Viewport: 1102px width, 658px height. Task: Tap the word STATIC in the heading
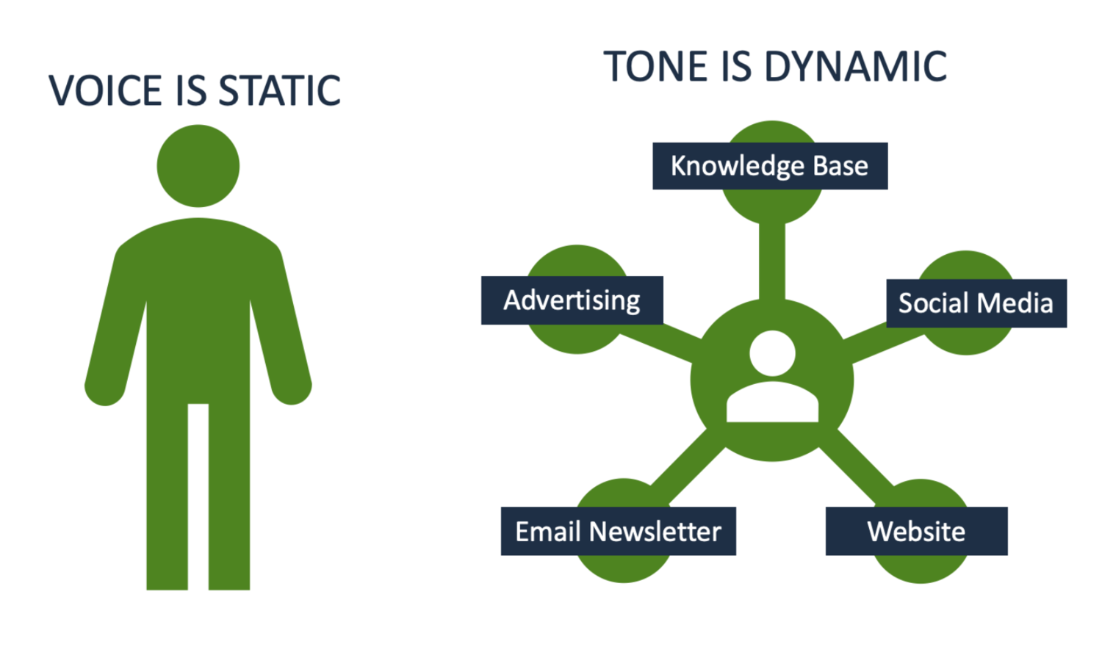pyautogui.click(x=280, y=91)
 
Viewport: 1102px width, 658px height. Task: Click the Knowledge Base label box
pyautogui.click(x=769, y=166)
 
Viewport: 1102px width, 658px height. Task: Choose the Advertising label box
pyautogui.click(x=572, y=300)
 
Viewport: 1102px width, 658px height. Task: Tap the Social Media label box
pyautogui.click(x=976, y=303)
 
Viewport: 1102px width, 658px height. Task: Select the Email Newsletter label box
pyautogui.click(x=618, y=531)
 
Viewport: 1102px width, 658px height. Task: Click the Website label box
pyautogui.click(x=916, y=531)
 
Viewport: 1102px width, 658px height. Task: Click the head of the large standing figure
pyautogui.click(x=198, y=166)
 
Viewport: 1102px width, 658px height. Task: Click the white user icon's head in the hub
pyautogui.click(x=772, y=352)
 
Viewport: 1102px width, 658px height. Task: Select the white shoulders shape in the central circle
pyautogui.click(x=772, y=404)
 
